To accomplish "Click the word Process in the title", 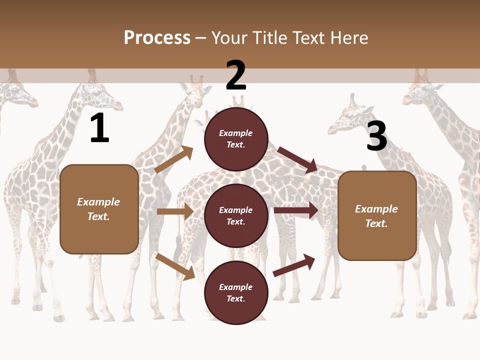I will (157, 38).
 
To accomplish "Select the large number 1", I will (99, 128).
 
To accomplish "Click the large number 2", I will (236, 75).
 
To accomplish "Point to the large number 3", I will (376, 136).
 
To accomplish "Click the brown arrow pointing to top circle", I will (173, 159).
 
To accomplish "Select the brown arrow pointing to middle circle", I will (175, 211).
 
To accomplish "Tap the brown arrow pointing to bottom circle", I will (175, 266).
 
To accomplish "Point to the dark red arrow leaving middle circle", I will (296, 210).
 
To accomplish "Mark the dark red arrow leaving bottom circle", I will (294, 265).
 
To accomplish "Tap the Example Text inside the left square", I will (98, 209).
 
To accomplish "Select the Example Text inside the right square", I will (376, 216).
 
